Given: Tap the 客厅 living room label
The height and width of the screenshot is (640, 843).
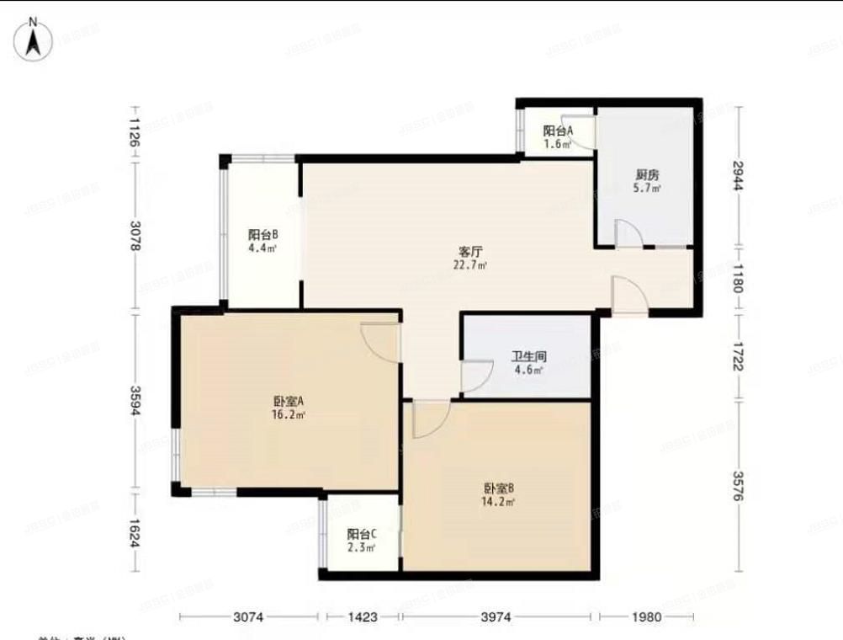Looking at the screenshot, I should click(469, 252).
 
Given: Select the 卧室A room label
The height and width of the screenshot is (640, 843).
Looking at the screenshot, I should click(288, 402).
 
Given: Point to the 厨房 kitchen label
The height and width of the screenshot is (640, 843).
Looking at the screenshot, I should click(647, 175).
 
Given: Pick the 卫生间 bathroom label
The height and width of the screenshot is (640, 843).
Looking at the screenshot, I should click(528, 355).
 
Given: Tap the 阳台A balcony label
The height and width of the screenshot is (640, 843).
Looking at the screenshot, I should click(557, 131).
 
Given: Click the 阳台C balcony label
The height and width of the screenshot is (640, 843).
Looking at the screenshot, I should click(361, 534).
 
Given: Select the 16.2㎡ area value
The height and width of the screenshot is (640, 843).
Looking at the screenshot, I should click(289, 415).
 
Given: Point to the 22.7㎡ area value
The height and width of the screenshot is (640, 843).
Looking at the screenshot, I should click(469, 264).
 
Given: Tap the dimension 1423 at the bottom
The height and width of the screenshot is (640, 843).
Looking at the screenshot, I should click(362, 617).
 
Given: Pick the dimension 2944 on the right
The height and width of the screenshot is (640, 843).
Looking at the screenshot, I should click(739, 175).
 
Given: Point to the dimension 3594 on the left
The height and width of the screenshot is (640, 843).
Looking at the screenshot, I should click(135, 400).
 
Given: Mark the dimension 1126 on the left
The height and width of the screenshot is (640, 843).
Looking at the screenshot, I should click(135, 131).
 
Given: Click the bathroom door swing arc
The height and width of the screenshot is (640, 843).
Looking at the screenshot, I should click(477, 376).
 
